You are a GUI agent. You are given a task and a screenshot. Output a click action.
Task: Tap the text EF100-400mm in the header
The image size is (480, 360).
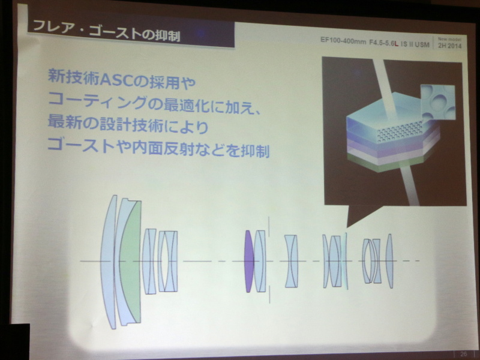click(340, 43)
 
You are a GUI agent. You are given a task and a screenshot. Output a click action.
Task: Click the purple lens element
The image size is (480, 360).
click(248, 262)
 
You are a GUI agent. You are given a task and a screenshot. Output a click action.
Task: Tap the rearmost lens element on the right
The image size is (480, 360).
click(389, 261)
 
